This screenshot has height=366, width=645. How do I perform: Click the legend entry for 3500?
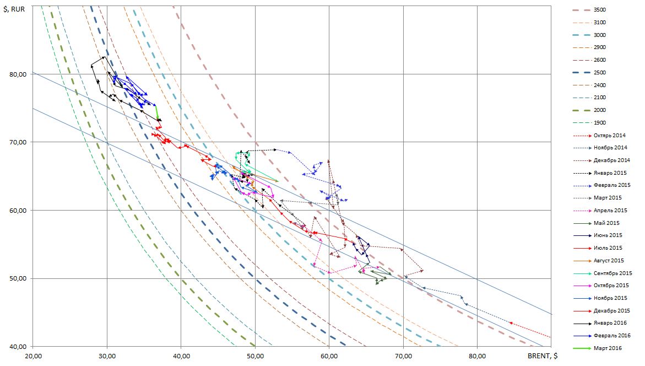[600, 10]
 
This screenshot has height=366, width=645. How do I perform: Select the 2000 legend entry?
[600, 110]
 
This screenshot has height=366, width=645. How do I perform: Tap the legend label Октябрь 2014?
[609, 136]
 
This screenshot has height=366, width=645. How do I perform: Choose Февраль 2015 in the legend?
[611, 186]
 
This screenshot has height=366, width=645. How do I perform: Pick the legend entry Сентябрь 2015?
[613, 273]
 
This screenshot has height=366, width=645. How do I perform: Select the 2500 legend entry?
[600, 73]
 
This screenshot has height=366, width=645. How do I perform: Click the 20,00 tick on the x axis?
[33, 356]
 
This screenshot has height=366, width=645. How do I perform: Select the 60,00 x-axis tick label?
[329, 356]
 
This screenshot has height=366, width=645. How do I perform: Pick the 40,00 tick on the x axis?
[181, 356]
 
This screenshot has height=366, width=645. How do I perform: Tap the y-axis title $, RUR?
[13, 8]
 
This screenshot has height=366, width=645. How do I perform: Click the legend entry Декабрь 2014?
[611, 160]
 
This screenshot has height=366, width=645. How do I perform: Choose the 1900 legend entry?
[600, 123]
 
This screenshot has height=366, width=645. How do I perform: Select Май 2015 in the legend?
[606, 223]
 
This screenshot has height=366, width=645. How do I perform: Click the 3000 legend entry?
[600, 35]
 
